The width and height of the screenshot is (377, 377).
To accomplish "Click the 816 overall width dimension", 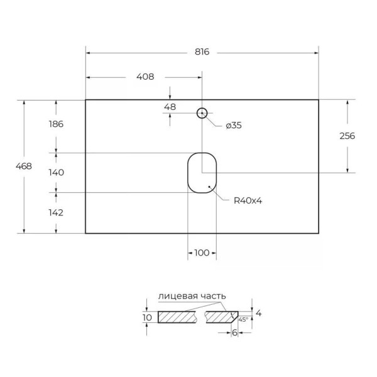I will click(x=202, y=52).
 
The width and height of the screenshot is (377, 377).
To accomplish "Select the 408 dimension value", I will click(x=145, y=77).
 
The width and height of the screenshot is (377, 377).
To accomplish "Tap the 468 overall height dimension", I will click(x=24, y=167).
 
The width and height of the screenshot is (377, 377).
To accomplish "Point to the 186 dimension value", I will click(x=55, y=124).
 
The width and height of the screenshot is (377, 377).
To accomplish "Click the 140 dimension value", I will click(x=55, y=172).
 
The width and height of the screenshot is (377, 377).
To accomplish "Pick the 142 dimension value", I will click(x=55, y=212).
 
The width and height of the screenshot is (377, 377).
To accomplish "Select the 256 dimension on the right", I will click(x=347, y=136).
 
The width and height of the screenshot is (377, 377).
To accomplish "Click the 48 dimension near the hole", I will click(x=170, y=107).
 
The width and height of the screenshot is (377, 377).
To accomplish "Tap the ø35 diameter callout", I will click(x=233, y=125).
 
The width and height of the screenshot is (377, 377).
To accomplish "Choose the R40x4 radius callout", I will click(x=247, y=201).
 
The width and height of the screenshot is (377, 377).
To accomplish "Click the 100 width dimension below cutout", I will click(x=201, y=253).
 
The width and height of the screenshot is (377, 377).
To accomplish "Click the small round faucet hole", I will click(x=202, y=113).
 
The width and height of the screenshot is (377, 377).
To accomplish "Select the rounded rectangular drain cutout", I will click(x=202, y=172).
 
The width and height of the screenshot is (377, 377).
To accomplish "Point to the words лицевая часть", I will click(x=192, y=296).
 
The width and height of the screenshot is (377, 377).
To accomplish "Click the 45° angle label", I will click(x=243, y=320).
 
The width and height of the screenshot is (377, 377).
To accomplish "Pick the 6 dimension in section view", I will click(x=234, y=333).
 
